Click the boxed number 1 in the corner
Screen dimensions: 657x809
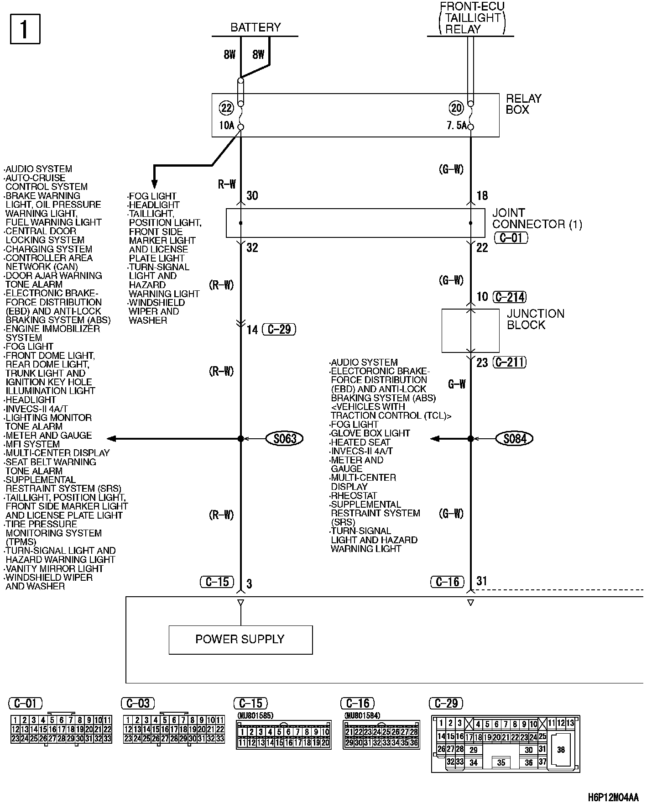pos(25,29)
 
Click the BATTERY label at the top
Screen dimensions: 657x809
pos(255,27)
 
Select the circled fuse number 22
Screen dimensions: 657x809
pos(226,108)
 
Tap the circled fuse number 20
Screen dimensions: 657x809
pos(456,108)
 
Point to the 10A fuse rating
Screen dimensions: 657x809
pos(227,125)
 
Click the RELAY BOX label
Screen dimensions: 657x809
pos(523,104)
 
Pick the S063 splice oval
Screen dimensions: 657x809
pos(285,439)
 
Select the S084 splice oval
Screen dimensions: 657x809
pos(515,439)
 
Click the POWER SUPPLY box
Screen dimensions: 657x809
pos(240,640)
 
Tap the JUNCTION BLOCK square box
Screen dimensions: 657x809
pos(470,331)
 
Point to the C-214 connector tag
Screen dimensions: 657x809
pos(510,297)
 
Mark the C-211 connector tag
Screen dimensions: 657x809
pos(510,362)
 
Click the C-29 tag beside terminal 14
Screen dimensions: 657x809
pos(279,329)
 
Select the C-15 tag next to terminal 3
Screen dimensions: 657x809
pos(217,582)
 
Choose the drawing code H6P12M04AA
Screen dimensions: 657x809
pos(613,797)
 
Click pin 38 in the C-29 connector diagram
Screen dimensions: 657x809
pos(561,749)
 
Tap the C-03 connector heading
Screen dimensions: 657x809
pos(138,703)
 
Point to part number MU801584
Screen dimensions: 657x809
pos(362,715)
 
